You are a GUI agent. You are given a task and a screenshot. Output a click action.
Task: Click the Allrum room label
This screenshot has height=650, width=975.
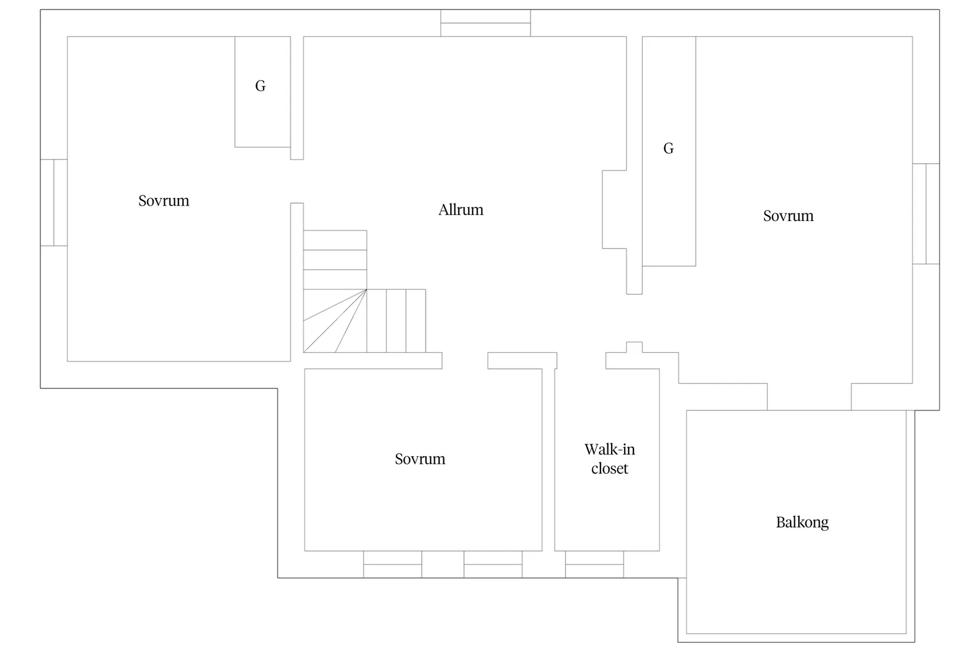tap(460, 210)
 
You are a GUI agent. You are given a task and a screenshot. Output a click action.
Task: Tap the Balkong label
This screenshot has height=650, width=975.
tap(802, 522)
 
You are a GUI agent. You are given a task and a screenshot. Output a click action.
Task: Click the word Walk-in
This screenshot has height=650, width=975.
tap(609, 449)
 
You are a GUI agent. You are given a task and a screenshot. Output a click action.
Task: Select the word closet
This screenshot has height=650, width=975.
tap(609, 469)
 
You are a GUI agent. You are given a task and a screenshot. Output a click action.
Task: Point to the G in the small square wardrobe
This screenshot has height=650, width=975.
tap(260, 86)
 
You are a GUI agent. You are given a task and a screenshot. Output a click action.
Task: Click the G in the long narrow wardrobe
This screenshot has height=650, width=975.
tap(668, 148)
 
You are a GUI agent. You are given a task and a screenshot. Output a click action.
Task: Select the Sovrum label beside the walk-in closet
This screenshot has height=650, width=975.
tap(420, 459)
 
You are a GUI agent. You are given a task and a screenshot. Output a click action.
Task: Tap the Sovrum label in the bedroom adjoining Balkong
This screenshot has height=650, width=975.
tap(788, 216)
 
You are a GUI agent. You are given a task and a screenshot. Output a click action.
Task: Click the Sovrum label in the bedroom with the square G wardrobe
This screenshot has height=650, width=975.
tap(164, 201)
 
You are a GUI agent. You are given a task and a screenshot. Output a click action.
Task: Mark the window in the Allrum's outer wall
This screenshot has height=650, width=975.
tap(485, 23)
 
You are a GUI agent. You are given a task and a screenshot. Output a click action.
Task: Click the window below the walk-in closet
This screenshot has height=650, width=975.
tap(594, 564)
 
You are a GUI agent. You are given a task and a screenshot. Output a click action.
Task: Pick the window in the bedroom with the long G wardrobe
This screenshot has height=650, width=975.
tap(926, 214)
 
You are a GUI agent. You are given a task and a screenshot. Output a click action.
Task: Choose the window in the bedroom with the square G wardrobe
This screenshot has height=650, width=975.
tap(54, 203)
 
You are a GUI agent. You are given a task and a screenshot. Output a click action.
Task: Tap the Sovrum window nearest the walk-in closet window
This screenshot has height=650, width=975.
tap(493, 564)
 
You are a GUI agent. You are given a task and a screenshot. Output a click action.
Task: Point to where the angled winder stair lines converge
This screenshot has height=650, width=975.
tap(366, 289)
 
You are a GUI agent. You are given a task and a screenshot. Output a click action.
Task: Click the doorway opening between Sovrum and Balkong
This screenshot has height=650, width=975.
tap(809, 396)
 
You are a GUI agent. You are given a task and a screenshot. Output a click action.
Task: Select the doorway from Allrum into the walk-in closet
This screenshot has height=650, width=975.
tap(581, 360)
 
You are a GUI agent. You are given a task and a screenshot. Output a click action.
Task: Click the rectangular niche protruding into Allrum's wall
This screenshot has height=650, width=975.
tap(614, 209)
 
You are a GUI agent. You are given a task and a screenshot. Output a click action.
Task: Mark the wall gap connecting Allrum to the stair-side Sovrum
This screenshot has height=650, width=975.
tap(297, 181)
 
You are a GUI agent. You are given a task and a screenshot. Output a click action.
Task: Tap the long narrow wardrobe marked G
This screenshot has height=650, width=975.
tap(668, 151)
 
